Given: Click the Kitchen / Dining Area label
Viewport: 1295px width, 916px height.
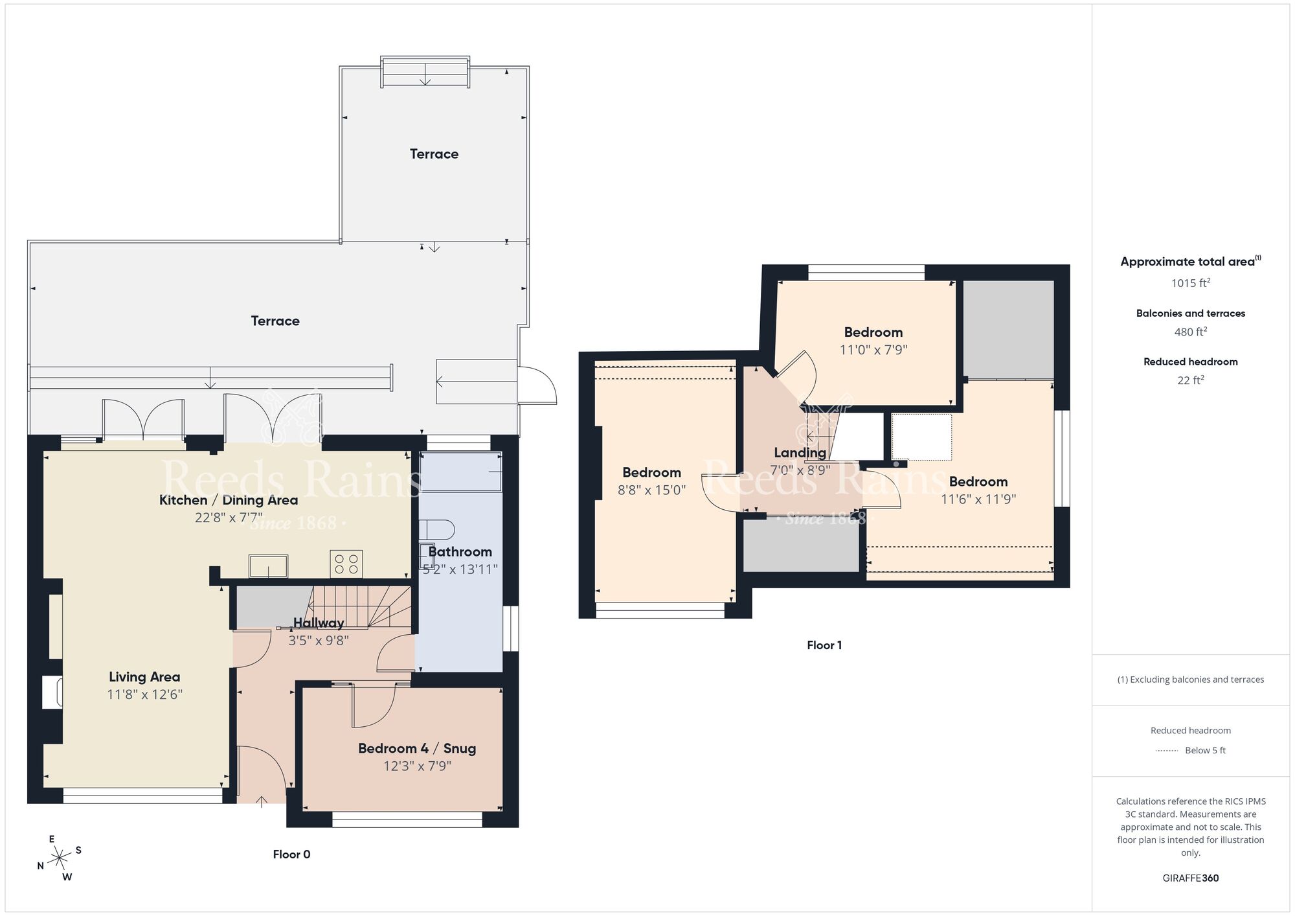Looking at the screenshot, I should tap(229, 500).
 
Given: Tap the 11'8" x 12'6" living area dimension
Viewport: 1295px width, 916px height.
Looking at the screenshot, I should tap(144, 694).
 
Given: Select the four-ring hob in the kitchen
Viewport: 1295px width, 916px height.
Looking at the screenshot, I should tap(346, 564).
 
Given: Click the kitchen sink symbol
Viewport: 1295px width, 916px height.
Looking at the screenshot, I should tap(269, 566).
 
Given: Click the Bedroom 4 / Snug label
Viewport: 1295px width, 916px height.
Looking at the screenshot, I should tap(417, 748).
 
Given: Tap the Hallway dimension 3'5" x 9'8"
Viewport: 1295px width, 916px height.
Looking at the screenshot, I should tap(319, 641).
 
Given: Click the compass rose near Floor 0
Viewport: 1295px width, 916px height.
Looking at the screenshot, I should tap(60, 859).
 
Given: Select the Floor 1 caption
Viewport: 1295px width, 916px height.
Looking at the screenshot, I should tap(824, 645).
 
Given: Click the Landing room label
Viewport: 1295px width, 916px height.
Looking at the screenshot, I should tap(800, 453).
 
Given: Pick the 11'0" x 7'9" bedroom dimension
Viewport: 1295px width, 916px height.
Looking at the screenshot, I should tap(873, 350).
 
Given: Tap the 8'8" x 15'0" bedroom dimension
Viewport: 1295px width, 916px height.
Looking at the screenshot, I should tap(651, 490).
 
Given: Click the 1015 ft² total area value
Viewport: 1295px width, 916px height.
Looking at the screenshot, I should tap(1190, 283).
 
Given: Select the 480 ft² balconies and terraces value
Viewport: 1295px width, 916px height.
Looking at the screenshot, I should tap(1190, 332).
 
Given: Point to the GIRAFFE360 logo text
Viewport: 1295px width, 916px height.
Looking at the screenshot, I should tap(1190, 878).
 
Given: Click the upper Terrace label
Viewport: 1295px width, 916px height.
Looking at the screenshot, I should tap(434, 154).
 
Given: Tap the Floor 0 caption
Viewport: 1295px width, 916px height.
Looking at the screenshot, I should tap(291, 854).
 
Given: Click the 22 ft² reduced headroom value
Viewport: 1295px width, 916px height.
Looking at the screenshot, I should tap(1190, 380).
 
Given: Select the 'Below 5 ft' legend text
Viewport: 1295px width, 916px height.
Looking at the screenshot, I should tap(1205, 750).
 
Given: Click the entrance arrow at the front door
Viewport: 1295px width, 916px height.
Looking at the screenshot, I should tap(262, 802).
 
